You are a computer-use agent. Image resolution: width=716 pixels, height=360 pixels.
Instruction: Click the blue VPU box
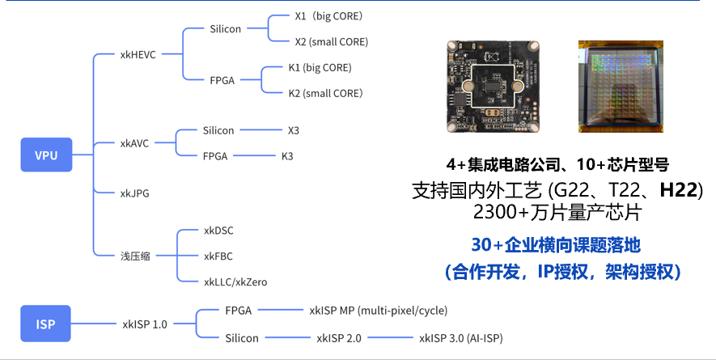[47, 155]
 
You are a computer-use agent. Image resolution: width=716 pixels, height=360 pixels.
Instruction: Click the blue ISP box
[47, 324]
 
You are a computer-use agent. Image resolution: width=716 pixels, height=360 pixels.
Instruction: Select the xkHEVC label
[138, 55]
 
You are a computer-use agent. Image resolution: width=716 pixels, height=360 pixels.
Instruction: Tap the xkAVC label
[134, 143]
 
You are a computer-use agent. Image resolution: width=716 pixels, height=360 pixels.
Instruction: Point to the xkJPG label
[134, 193]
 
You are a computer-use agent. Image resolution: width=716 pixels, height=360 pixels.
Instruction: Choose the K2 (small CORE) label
[325, 93]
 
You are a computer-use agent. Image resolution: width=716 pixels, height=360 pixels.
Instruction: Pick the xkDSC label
[218, 231]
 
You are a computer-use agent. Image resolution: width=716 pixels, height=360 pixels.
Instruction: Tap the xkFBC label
[218, 256]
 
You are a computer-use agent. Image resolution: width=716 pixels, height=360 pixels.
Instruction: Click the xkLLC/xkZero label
[235, 282]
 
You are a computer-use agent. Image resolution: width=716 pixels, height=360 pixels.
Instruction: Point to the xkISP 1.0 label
[145, 324]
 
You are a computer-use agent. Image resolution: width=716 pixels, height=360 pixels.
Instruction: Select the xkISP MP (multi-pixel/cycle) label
[378, 310]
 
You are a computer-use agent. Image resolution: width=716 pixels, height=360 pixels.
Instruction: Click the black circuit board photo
[490, 87]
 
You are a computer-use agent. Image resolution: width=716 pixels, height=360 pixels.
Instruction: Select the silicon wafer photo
[620, 87]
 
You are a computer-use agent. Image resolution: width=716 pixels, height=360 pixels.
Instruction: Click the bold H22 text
[680, 191]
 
